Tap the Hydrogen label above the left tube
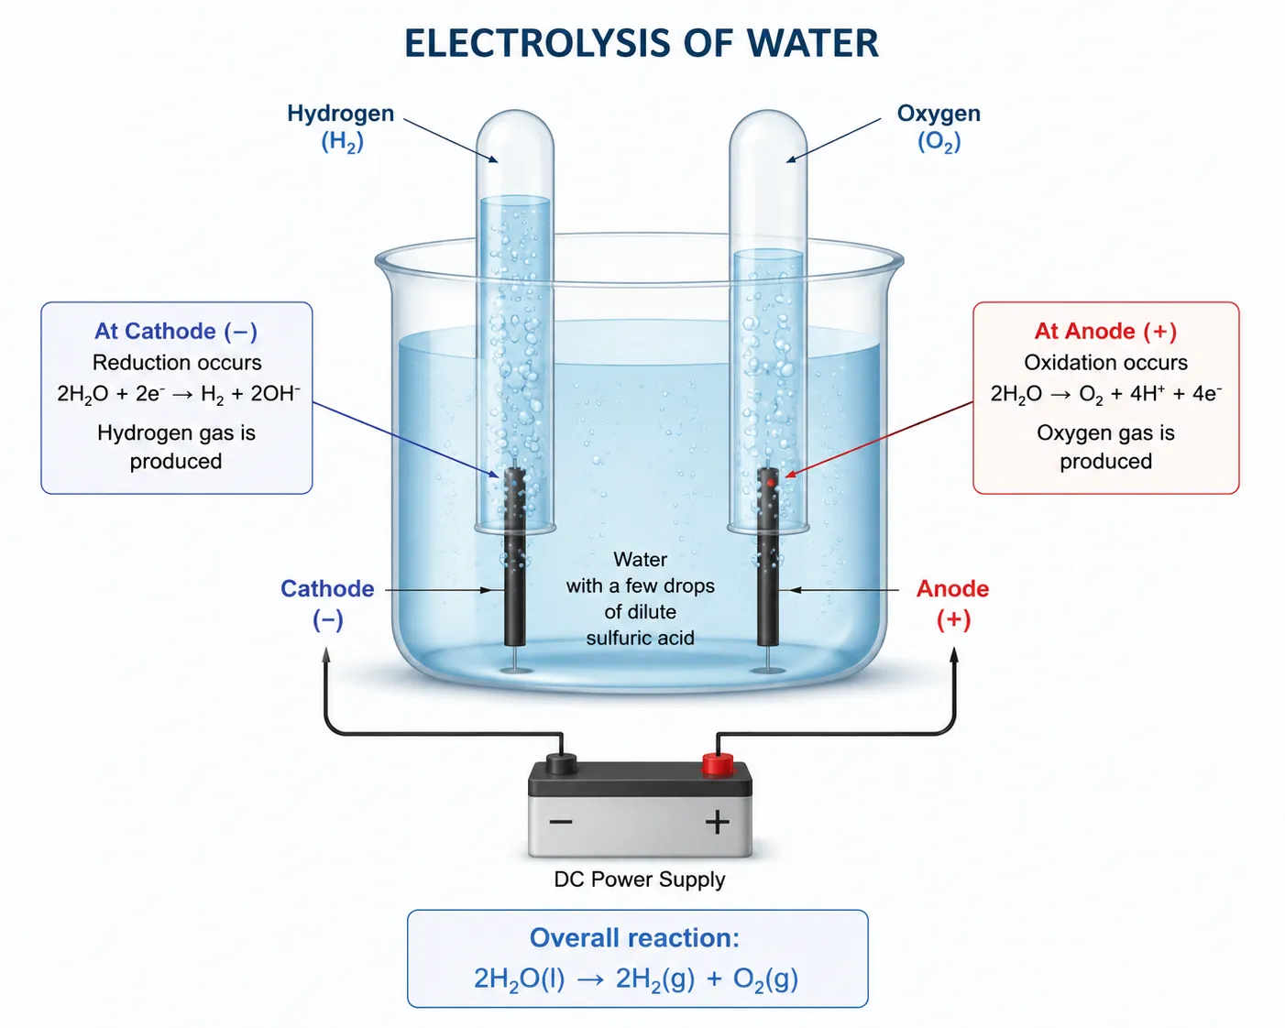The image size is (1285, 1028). tap(340, 113)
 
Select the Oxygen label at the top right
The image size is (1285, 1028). tap(939, 113)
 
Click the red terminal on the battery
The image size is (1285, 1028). tap(717, 765)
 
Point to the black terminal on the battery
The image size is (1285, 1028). tap(561, 765)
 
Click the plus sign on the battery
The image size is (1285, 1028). tap(717, 823)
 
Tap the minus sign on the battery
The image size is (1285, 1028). tap(561, 823)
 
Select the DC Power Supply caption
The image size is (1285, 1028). tap(640, 880)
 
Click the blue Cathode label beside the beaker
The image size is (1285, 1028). tap(327, 588)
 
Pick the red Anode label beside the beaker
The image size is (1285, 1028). tap(952, 588)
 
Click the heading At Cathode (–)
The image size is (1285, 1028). tap(176, 331)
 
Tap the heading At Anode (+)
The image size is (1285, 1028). tap(1106, 331)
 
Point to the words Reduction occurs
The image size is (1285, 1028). tap(177, 363)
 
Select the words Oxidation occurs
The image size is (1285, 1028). tap(1106, 363)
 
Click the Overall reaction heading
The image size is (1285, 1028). tap(634, 938)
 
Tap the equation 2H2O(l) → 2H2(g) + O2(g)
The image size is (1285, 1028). tap(636, 979)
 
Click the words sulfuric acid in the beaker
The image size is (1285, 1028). tap(640, 639)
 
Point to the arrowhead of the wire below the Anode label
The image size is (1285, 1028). tap(954, 655)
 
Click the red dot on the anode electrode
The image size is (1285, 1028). tap(771, 483)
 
